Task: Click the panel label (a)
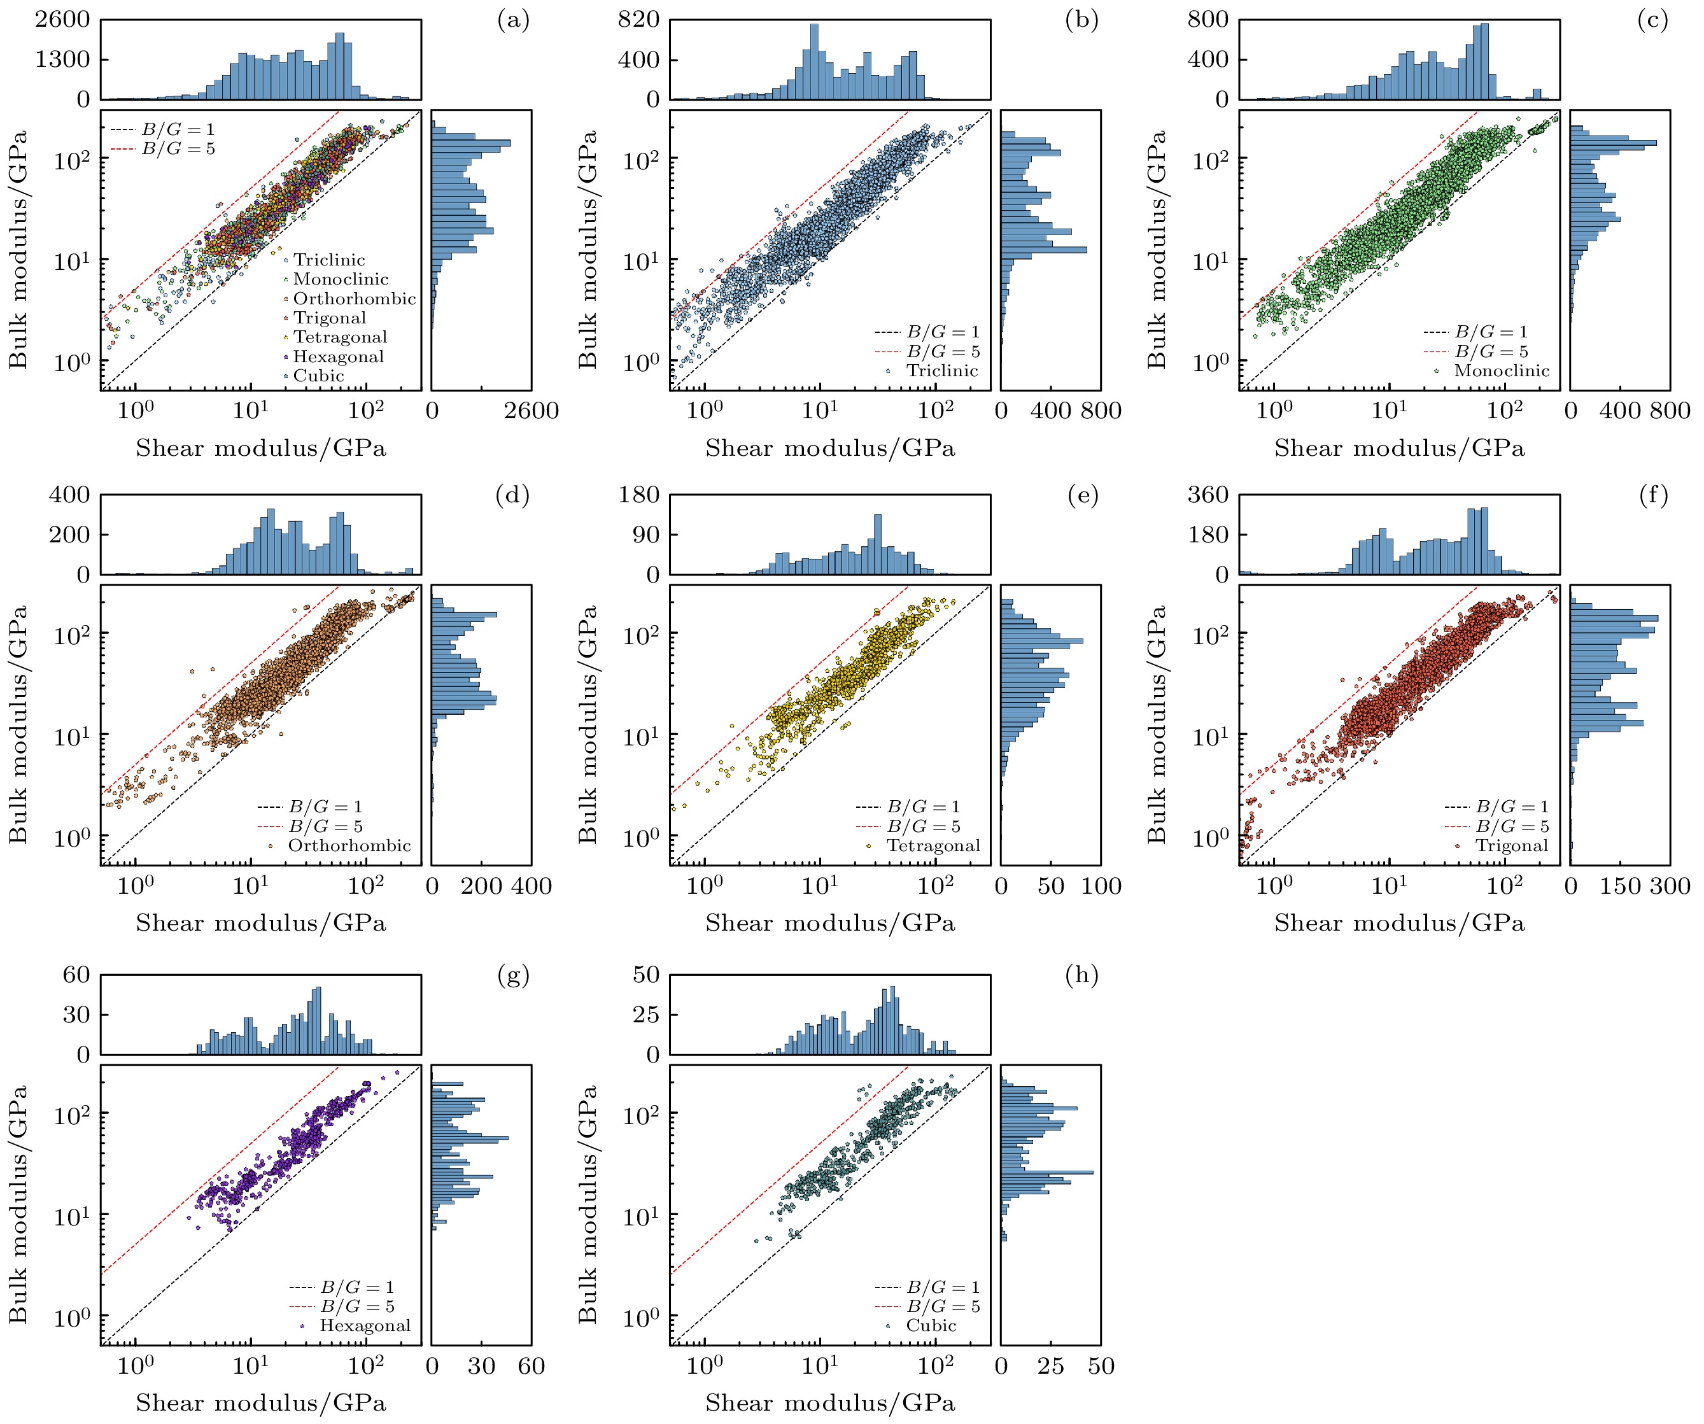coord(513,20)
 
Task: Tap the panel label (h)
coord(1081,975)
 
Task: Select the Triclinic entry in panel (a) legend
coord(328,260)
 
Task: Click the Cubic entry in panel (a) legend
coord(318,376)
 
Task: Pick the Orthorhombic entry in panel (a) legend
coord(354,299)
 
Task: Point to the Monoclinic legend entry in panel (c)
coord(1501,371)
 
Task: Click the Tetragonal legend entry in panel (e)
coord(933,845)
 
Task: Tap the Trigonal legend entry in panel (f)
coord(1511,845)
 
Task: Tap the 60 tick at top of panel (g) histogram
coord(77,975)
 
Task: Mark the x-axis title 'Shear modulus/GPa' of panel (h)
coord(830,1403)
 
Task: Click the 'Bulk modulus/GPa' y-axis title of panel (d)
coord(18,724)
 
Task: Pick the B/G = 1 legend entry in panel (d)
coord(325,807)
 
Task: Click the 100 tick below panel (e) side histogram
coord(1101,886)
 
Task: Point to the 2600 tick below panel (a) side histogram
coord(532,411)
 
